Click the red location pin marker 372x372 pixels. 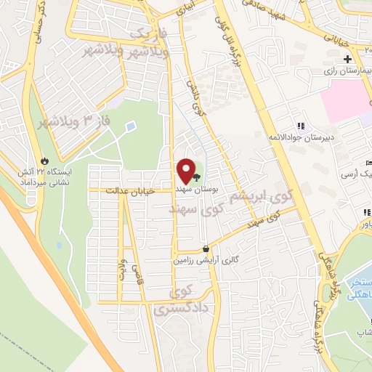(x=185, y=171)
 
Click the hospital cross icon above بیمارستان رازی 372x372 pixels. (x=348, y=59)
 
